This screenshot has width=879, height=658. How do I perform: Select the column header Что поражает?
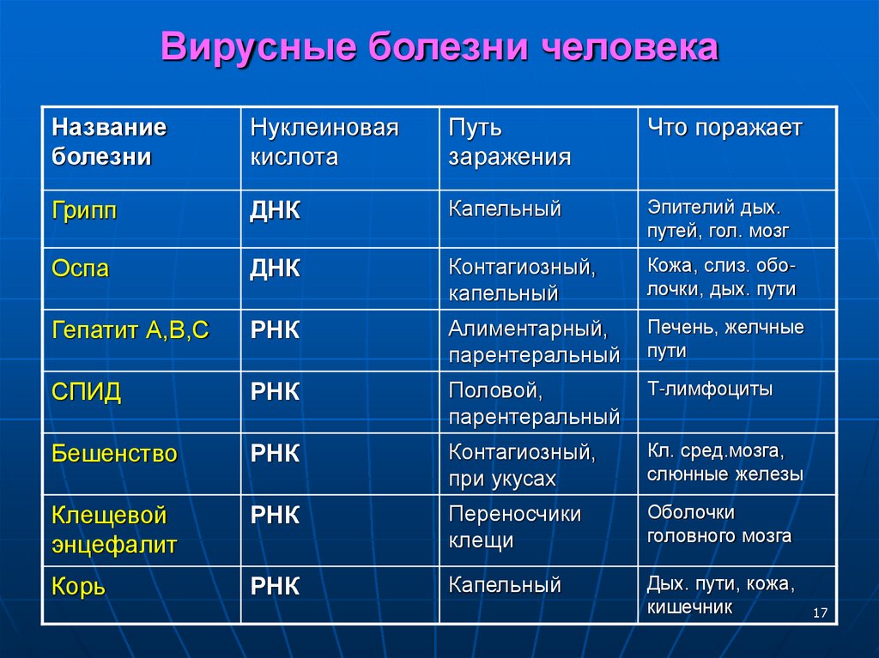(724, 129)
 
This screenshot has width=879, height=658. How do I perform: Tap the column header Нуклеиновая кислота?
(324, 142)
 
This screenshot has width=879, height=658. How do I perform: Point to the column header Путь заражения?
(509, 142)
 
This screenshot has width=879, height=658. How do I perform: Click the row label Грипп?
(84, 211)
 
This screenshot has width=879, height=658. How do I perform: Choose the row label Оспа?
(81, 269)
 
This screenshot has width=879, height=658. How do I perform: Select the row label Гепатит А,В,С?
(130, 330)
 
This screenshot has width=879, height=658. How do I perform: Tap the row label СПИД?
(87, 392)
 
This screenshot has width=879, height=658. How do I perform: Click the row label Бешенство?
(114, 454)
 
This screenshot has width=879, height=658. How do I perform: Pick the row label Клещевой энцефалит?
(114, 530)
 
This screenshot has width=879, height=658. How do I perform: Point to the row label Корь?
(78, 587)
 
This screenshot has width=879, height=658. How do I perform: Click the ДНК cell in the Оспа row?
(275, 269)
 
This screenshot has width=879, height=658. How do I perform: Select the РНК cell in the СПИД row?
(275, 392)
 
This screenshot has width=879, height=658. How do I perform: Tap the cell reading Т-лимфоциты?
(710, 389)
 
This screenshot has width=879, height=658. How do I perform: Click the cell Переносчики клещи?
(514, 527)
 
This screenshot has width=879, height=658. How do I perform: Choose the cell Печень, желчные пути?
(725, 339)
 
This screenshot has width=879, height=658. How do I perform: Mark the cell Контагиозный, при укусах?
(521, 464)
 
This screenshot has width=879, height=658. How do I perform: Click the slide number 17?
(819, 613)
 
